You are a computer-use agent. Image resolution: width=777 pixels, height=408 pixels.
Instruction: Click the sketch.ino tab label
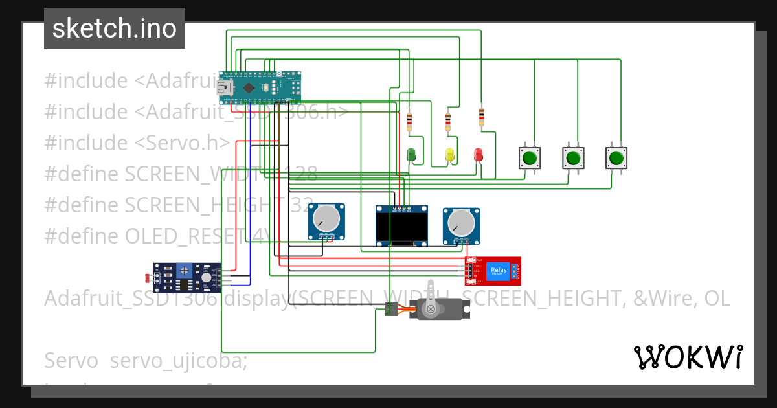point(114,28)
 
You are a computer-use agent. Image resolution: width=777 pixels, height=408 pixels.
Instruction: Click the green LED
point(411,154)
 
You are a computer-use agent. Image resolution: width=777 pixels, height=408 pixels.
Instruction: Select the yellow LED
point(450,154)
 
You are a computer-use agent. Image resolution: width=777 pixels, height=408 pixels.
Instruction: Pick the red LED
point(479,154)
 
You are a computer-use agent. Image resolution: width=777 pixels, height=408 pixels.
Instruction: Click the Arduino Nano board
point(260,87)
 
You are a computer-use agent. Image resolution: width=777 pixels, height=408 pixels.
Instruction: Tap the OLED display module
point(402,226)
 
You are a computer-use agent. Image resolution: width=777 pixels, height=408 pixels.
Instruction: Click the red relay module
point(493,271)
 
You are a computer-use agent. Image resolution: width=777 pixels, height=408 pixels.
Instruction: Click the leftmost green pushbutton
point(530,157)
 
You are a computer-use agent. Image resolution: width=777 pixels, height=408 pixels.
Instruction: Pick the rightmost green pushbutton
point(616,157)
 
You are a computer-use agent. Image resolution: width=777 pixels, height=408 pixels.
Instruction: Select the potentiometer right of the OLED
point(461,225)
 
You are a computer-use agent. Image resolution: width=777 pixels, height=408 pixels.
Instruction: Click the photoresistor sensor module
point(185,276)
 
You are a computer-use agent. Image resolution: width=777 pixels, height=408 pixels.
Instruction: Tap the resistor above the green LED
point(409,122)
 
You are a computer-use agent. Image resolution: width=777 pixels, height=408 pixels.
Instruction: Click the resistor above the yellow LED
point(448,121)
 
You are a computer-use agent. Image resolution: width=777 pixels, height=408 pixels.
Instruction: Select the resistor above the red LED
point(481,117)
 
